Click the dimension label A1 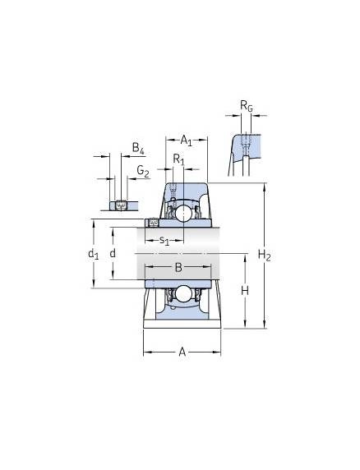(186, 141)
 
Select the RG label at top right (247, 106)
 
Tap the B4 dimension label (138, 149)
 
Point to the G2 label (143, 171)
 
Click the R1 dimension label (179, 159)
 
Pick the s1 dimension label (164, 240)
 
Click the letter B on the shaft (178, 267)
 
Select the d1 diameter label (93, 254)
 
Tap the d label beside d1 (113, 254)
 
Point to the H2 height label (265, 256)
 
